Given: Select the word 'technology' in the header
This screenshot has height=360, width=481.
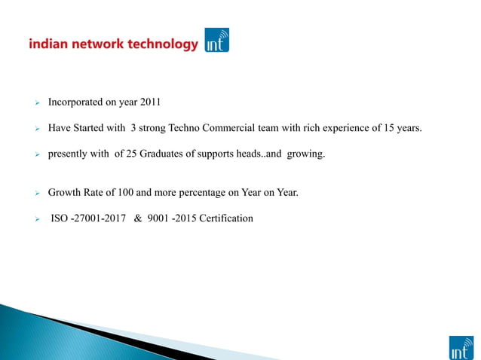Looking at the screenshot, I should (162, 44).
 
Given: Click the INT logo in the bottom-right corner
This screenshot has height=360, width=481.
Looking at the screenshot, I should (461, 347).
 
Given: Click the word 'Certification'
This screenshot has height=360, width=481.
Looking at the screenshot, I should (224, 219).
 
